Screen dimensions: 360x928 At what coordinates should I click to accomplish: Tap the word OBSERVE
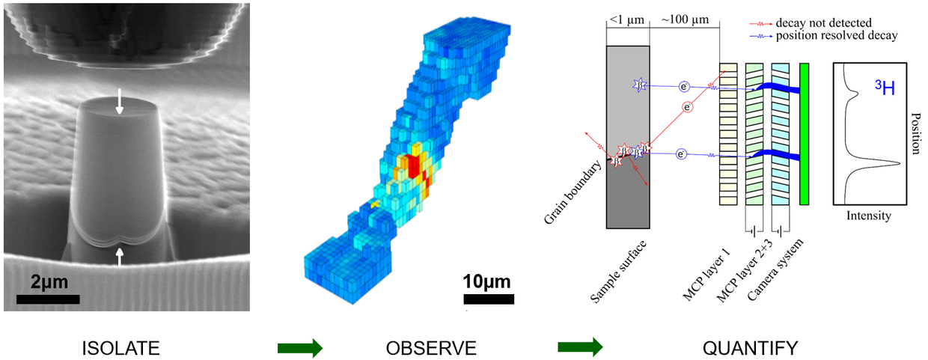click(x=430, y=348)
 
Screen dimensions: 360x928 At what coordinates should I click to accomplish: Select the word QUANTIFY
click(x=750, y=348)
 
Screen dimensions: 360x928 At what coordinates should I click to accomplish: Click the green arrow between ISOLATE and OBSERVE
click(x=299, y=348)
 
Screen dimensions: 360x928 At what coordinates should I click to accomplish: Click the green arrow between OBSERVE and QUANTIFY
click(x=579, y=348)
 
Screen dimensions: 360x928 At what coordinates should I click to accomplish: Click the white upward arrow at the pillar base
click(x=119, y=257)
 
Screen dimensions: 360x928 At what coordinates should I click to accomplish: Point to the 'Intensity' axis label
click(x=868, y=216)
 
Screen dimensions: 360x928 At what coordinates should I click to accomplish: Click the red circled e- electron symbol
click(x=686, y=108)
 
